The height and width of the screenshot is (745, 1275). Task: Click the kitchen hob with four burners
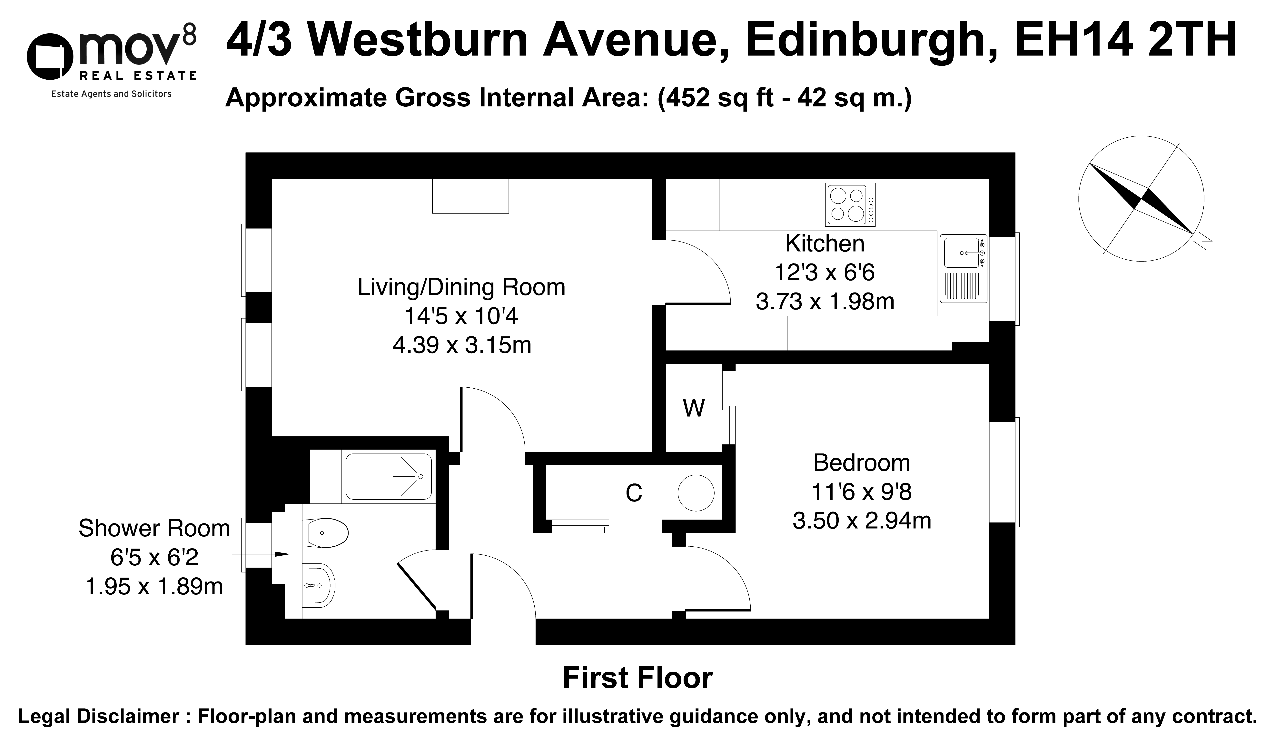pyautogui.click(x=850, y=204)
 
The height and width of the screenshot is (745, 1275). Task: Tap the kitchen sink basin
pyautogui.click(x=963, y=252)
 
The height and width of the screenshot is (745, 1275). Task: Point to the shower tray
pyautogui.click(x=389, y=476)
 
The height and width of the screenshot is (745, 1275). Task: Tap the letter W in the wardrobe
pyautogui.click(x=694, y=408)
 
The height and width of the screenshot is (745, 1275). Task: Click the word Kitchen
pyautogui.click(x=825, y=244)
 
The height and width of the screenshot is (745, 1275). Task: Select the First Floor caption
pyautogui.click(x=637, y=678)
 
